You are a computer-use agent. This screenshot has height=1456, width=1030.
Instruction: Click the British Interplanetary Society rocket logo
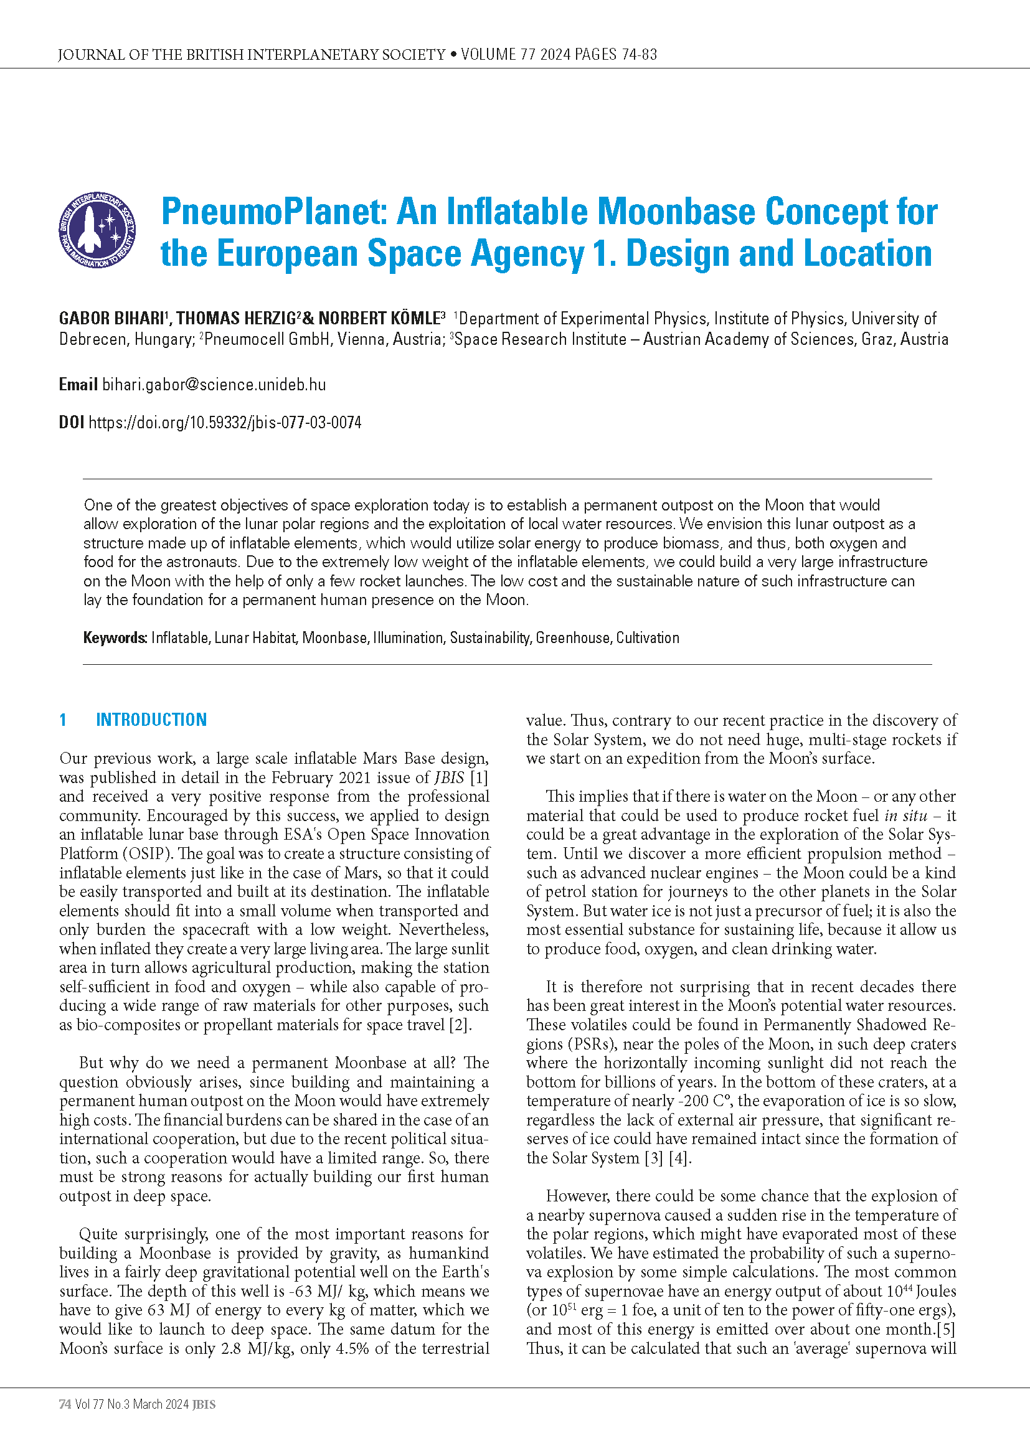(97, 230)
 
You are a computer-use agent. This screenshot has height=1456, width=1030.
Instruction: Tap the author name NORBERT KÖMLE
(379, 318)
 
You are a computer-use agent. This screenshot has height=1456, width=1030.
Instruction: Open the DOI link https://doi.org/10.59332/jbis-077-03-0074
(225, 422)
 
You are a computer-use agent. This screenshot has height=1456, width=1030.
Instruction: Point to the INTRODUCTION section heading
(151, 720)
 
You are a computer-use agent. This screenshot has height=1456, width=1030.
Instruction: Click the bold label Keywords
(115, 638)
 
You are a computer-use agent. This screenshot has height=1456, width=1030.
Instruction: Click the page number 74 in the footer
(65, 1404)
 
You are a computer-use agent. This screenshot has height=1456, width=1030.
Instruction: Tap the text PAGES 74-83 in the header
(615, 55)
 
